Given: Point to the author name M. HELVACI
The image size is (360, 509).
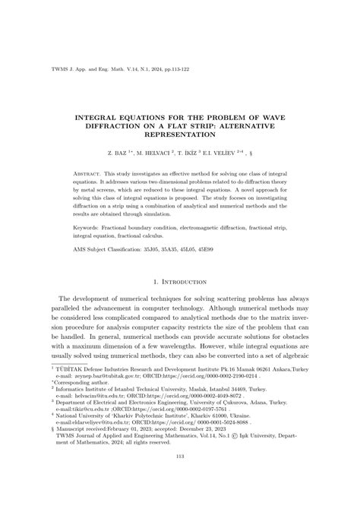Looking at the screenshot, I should (x=163, y=151).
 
